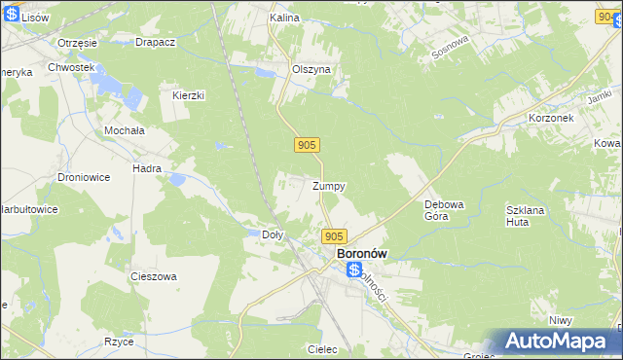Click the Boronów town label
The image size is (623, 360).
pyautogui.click(x=360, y=253)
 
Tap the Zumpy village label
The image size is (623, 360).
pyautogui.click(x=329, y=186)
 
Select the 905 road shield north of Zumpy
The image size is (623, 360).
pyautogui.click(x=307, y=145)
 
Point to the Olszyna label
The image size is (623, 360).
pyautogui.click(x=312, y=70)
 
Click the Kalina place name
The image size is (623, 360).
pyautogui.click(x=283, y=18)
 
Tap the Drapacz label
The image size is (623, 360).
pyautogui.click(x=155, y=43)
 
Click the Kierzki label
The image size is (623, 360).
pyautogui.click(x=188, y=95)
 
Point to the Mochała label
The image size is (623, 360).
pyautogui.click(x=125, y=129)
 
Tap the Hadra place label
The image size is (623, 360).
pyautogui.click(x=147, y=168)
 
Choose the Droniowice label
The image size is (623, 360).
pyautogui.click(x=82, y=179)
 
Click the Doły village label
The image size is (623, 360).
pyautogui.click(x=274, y=234)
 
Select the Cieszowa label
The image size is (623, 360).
pyautogui.click(x=154, y=276)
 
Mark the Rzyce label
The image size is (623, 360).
pyautogui.click(x=119, y=342)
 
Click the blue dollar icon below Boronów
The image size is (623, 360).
pyautogui.click(x=354, y=270)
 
